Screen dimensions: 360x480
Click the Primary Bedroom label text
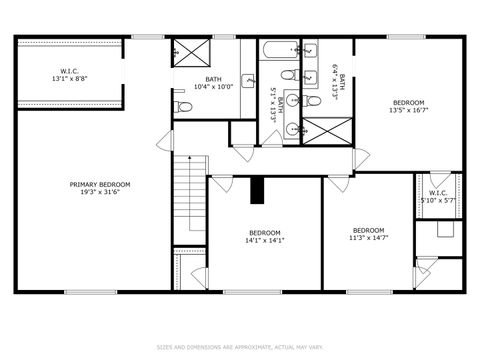(99, 184)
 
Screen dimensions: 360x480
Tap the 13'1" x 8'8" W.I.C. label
(70, 74)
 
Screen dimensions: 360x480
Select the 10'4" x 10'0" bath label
(213, 83)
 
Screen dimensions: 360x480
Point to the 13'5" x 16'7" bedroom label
(408, 107)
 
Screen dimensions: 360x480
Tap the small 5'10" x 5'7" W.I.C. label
(438, 197)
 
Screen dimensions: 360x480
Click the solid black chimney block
(257, 190)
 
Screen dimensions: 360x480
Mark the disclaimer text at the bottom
(239, 347)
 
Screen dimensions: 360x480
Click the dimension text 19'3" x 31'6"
(99, 192)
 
